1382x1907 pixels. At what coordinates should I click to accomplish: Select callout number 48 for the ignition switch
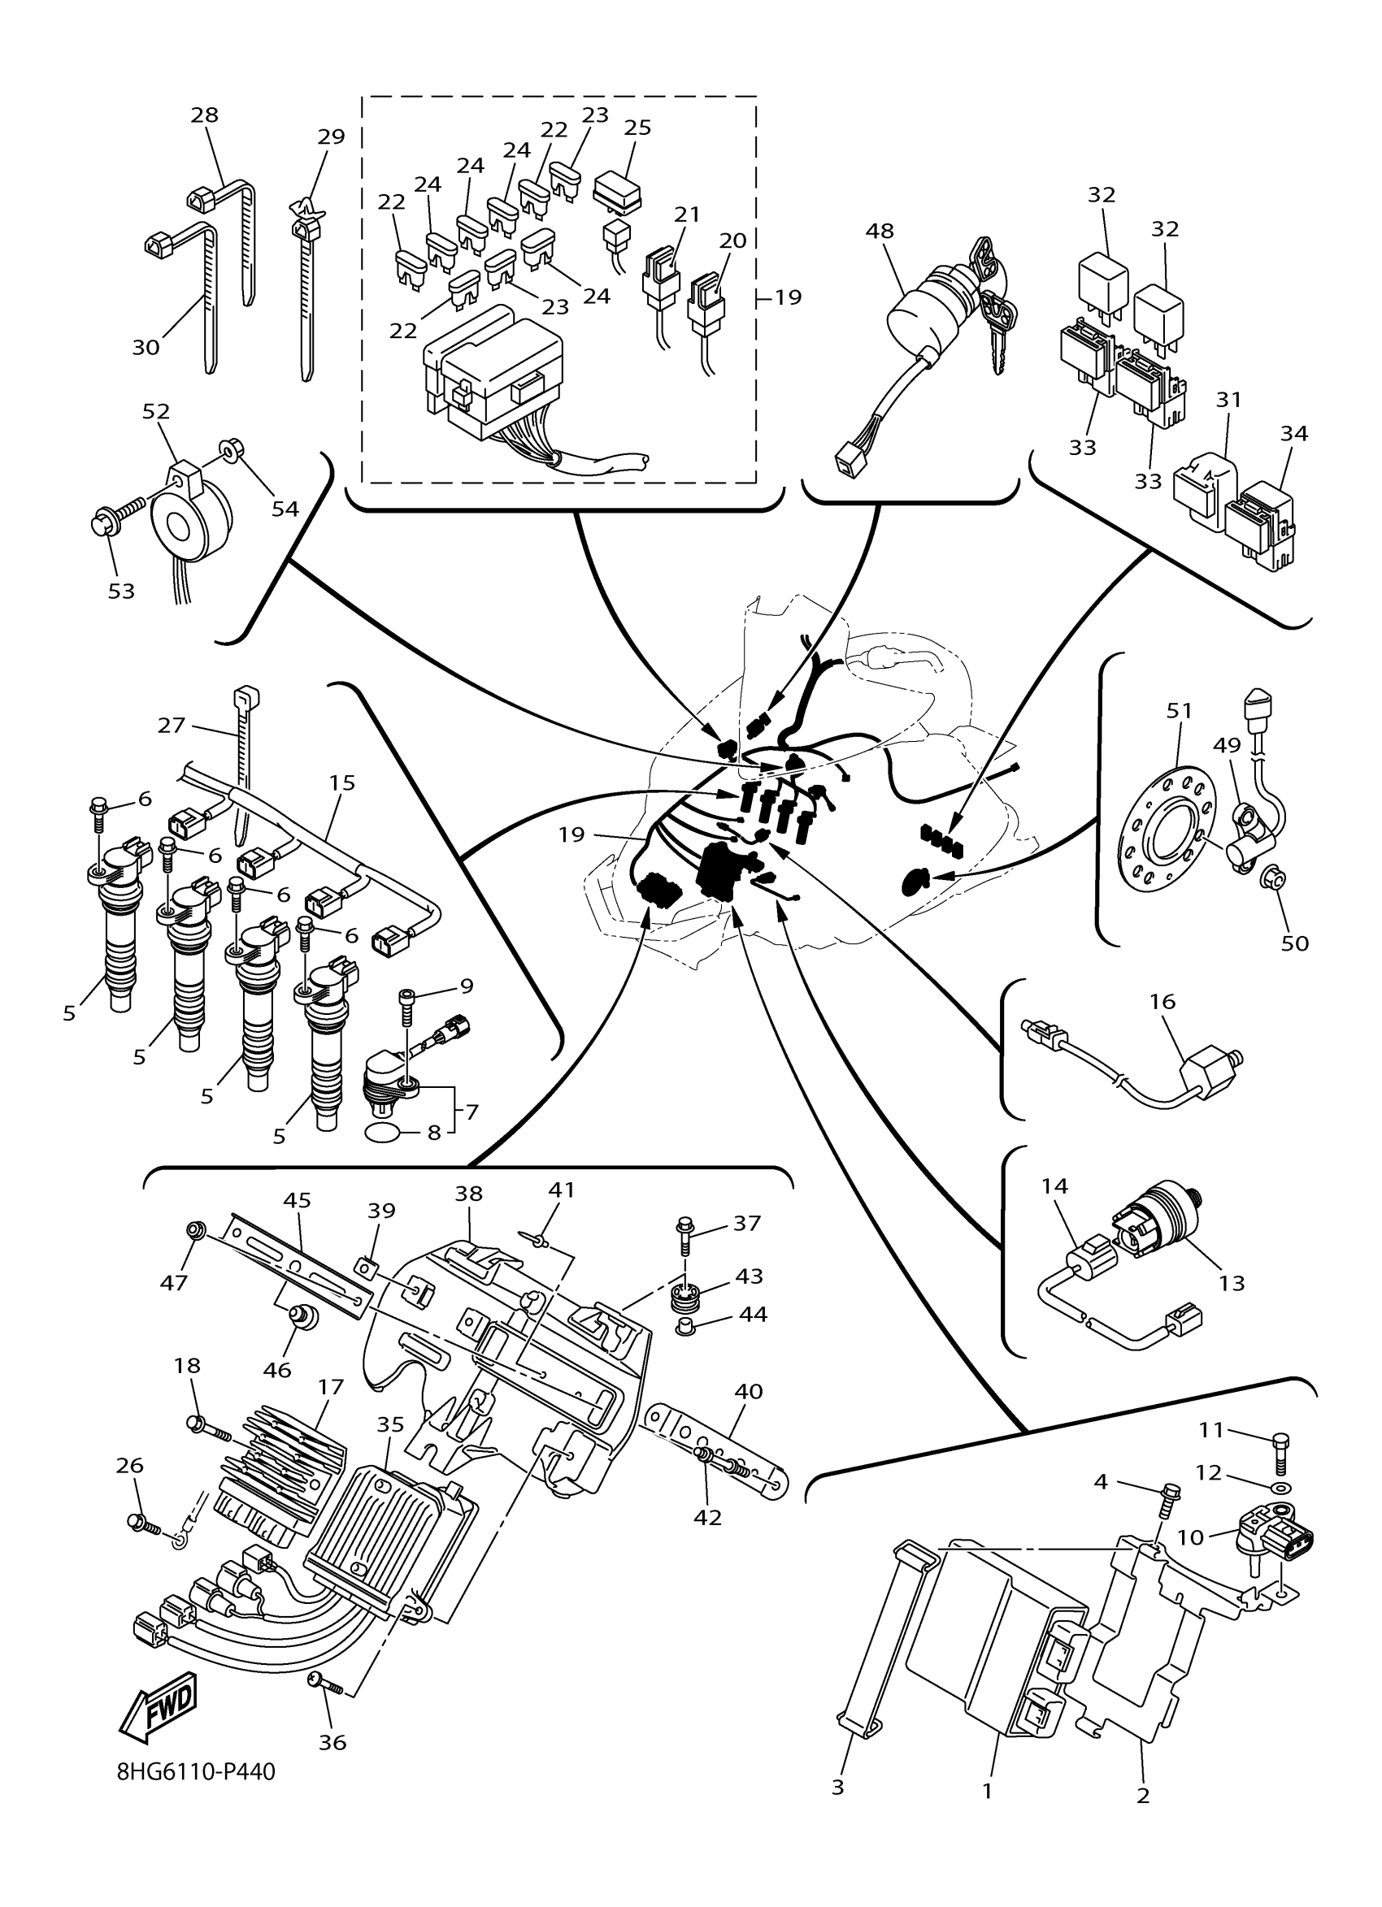coord(880,231)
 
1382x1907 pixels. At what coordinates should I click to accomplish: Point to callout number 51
coord(1180,710)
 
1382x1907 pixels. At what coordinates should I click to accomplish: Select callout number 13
coord(1232,1283)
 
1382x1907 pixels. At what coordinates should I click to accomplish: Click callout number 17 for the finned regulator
coord(332,1386)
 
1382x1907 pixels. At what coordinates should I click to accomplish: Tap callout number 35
coord(390,1424)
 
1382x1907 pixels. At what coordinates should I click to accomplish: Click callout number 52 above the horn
coord(155,411)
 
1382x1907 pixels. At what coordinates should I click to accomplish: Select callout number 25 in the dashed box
coord(637,127)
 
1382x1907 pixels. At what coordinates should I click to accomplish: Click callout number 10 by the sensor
coord(1190,1537)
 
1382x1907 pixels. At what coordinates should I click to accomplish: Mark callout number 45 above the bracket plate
coord(297,1200)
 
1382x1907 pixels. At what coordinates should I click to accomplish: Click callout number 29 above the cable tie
coord(332,137)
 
